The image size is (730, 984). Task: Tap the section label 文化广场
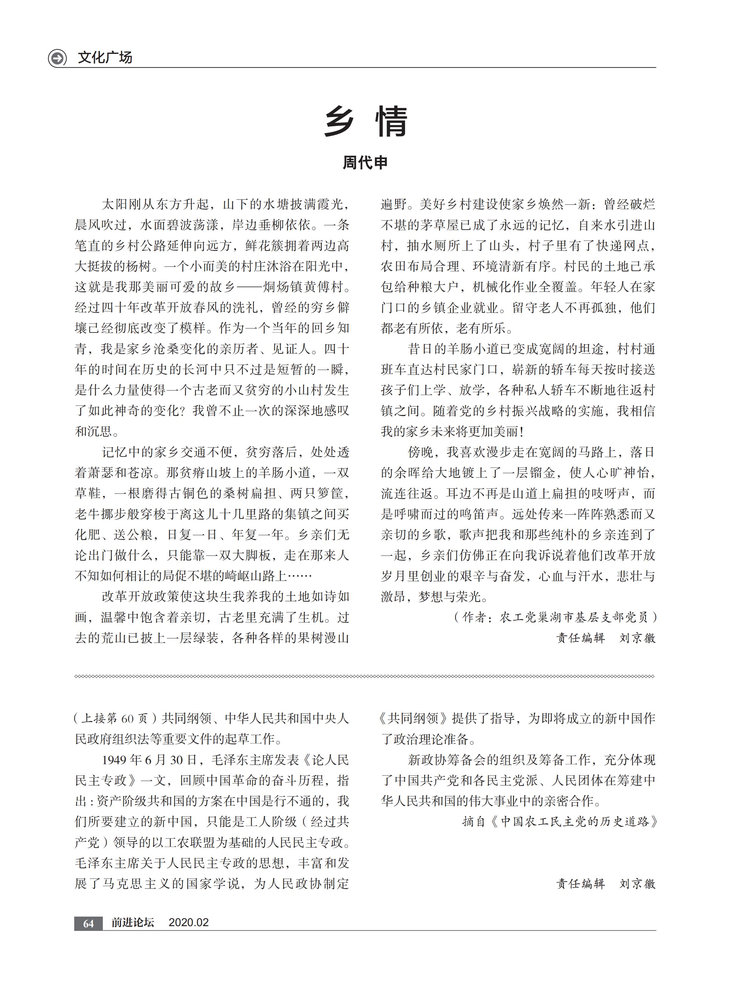coord(105,58)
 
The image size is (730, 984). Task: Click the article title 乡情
coord(365,122)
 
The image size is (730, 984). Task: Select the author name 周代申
coord(365,163)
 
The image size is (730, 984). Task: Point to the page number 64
coord(88,923)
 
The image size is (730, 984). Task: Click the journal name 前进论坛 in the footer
coord(133,923)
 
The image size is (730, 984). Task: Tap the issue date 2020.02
coord(189,923)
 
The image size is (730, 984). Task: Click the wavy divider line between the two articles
coord(365,676)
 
